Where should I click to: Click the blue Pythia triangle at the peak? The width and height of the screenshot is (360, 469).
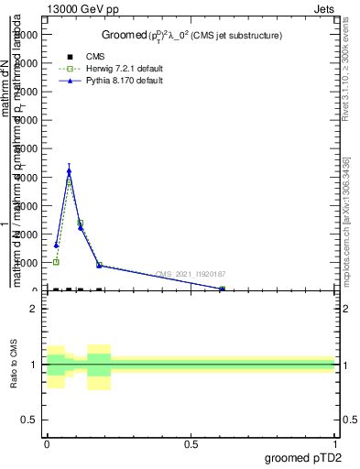coord(69,170)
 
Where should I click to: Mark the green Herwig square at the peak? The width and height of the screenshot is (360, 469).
coord(69,181)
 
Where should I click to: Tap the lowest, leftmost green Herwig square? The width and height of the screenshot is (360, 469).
coord(56,262)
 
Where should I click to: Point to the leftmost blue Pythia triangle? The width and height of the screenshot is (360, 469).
coord(56,245)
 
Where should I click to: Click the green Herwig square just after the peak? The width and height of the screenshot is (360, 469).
coord(81,224)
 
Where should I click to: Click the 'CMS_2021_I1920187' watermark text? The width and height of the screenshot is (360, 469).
coord(190,274)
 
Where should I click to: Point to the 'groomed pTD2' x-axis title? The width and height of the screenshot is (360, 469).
coord(303,458)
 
